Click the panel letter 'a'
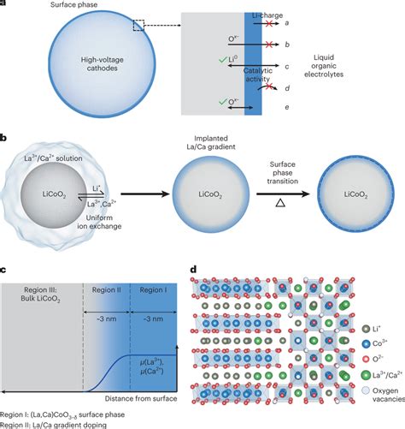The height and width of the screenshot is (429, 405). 5,5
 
